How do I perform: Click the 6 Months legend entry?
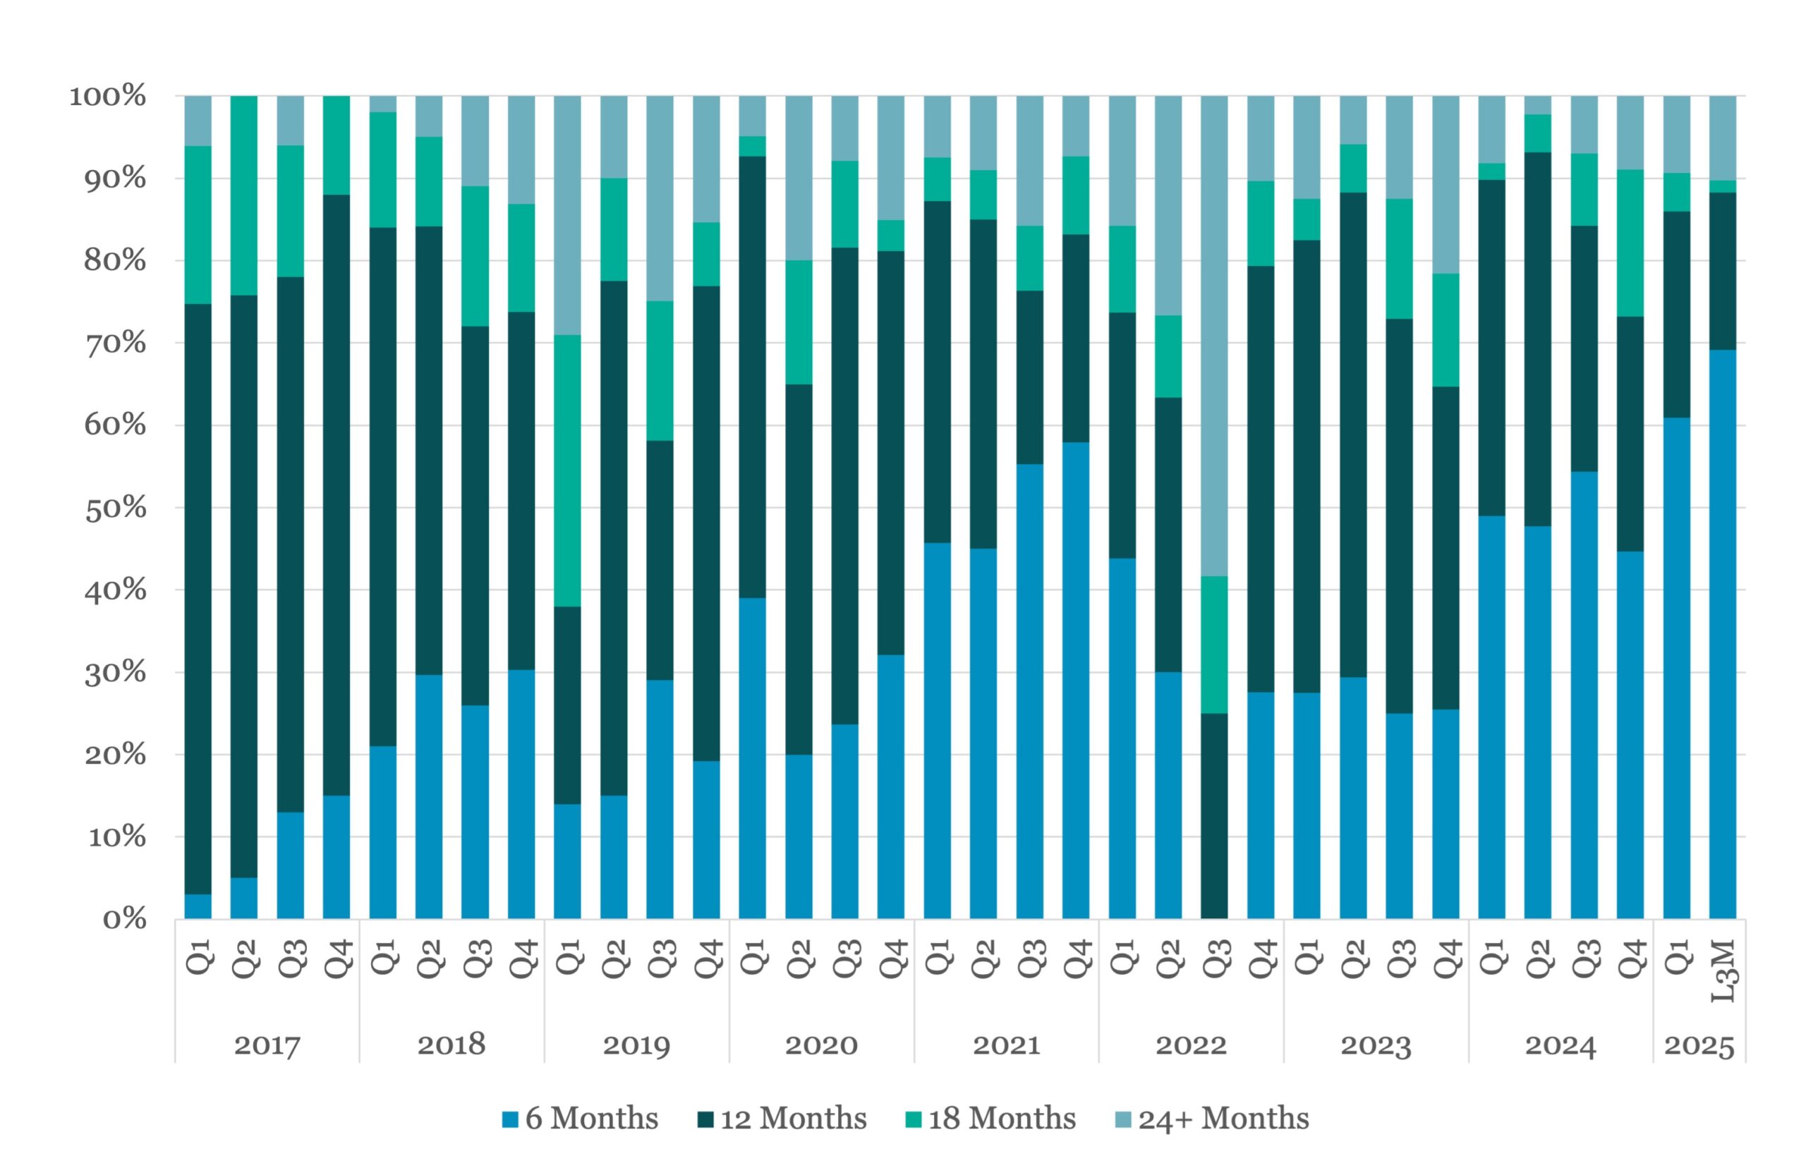click(x=580, y=1119)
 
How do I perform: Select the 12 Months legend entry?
click(x=782, y=1119)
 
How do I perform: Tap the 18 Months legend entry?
click(x=990, y=1119)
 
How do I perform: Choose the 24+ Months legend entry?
click(x=1211, y=1119)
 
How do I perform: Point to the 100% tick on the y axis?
click(x=108, y=97)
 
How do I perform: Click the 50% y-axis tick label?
click(x=115, y=509)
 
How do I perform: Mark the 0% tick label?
click(x=125, y=919)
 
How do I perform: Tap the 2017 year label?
click(x=267, y=1046)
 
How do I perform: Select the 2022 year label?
click(x=1190, y=1046)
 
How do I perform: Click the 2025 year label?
click(x=1699, y=1046)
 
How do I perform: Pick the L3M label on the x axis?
click(x=1723, y=971)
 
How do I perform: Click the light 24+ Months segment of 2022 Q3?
click(x=1214, y=336)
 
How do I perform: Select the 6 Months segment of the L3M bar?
click(x=1723, y=634)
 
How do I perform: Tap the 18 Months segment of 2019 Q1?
click(x=567, y=470)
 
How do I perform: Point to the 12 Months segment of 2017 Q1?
click(x=198, y=599)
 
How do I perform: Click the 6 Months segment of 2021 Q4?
click(x=1076, y=681)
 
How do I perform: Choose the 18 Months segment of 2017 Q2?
click(x=244, y=195)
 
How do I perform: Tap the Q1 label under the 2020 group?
click(x=752, y=957)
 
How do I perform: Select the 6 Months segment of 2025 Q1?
click(x=1677, y=669)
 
